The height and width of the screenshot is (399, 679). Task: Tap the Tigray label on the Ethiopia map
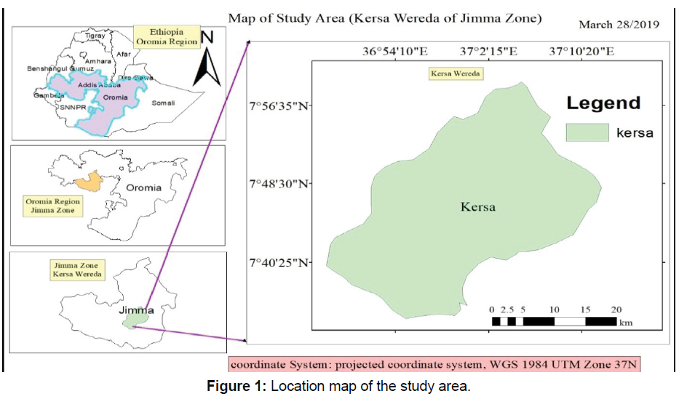[95, 35]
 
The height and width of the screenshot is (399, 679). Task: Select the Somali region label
[163, 103]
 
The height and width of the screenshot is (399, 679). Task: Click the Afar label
[123, 53]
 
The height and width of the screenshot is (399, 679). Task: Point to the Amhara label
[98, 62]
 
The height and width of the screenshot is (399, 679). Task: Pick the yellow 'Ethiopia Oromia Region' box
[167, 37]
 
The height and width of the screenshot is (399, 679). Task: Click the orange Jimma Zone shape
[90, 181]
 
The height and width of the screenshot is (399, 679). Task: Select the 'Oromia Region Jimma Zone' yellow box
[50, 206]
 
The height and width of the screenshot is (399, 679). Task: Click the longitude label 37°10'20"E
[581, 52]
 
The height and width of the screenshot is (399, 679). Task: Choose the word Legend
[603, 102]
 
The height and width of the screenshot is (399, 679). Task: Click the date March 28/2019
[619, 25]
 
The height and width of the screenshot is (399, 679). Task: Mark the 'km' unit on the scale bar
[625, 323]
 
